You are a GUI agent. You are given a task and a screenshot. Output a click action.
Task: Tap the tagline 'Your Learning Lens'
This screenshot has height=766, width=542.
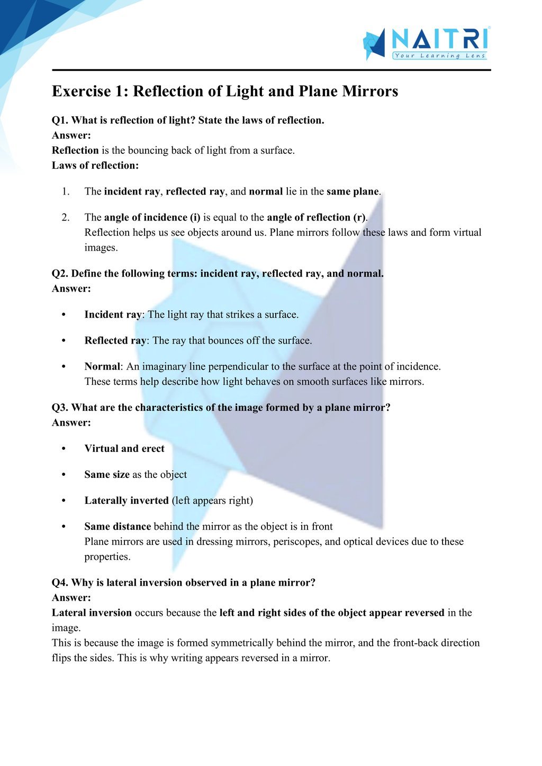439,56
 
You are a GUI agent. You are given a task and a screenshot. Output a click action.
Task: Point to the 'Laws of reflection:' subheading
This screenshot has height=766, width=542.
95,165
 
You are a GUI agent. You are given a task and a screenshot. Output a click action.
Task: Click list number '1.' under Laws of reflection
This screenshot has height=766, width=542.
66,191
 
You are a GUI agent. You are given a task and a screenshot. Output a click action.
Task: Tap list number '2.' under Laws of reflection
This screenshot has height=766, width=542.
66,217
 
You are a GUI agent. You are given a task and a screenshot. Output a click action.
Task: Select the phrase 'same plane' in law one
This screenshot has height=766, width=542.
353,191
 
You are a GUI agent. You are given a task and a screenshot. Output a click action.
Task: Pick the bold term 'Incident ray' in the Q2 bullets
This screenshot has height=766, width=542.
113,315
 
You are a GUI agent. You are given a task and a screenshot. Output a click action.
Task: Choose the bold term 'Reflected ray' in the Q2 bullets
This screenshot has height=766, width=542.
115,340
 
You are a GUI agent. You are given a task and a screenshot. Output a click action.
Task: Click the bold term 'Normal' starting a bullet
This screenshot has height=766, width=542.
102,366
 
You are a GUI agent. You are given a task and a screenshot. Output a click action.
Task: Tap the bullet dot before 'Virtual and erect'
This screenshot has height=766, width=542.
64,449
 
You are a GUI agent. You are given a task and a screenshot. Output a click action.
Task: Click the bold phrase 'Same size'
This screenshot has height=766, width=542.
107,475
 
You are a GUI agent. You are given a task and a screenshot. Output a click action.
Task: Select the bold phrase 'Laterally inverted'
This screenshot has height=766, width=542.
127,501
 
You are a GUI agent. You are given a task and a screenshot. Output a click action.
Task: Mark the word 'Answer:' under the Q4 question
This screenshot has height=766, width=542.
71,598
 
